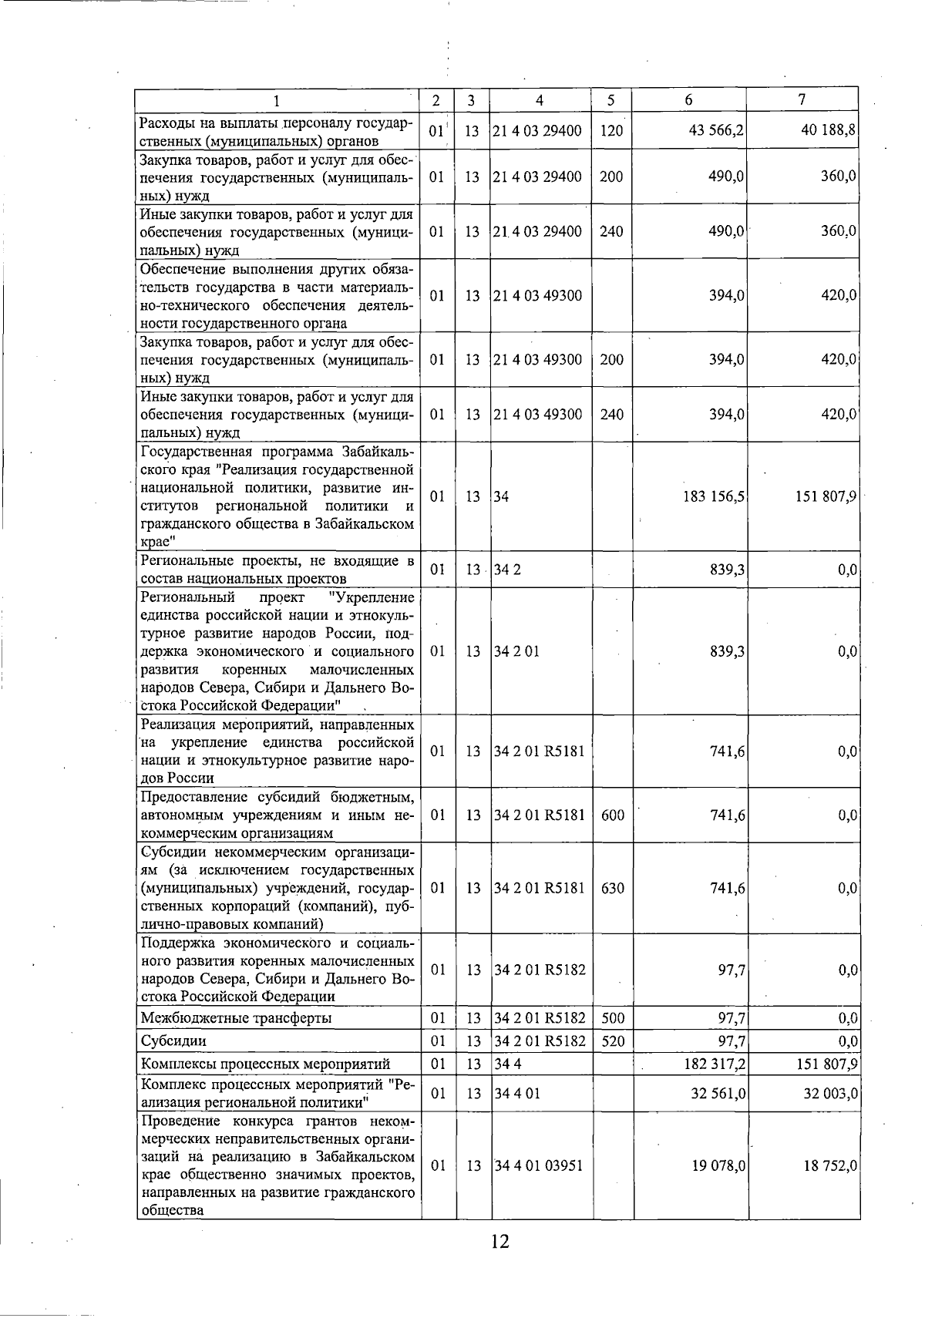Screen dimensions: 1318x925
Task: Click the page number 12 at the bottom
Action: tap(499, 1242)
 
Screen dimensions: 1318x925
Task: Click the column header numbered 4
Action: tap(540, 100)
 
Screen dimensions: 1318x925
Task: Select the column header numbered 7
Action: tap(802, 100)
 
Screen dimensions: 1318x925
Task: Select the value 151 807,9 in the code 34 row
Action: tap(826, 497)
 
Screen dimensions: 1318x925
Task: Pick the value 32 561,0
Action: tap(716, 1094)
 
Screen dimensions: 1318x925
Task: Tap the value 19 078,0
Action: tap(716, 1166)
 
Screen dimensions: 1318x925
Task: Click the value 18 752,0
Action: tap(829, 1166)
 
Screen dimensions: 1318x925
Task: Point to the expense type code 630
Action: tap(612, 889)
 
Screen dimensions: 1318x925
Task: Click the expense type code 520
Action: tap(612, 1041)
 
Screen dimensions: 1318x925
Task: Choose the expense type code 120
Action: tap(610, 131)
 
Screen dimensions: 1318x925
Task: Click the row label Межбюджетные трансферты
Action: tap(236, 1018)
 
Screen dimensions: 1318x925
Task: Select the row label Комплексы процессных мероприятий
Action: tap(265, 1064)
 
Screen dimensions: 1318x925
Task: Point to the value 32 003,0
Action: tap(829, 1094)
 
